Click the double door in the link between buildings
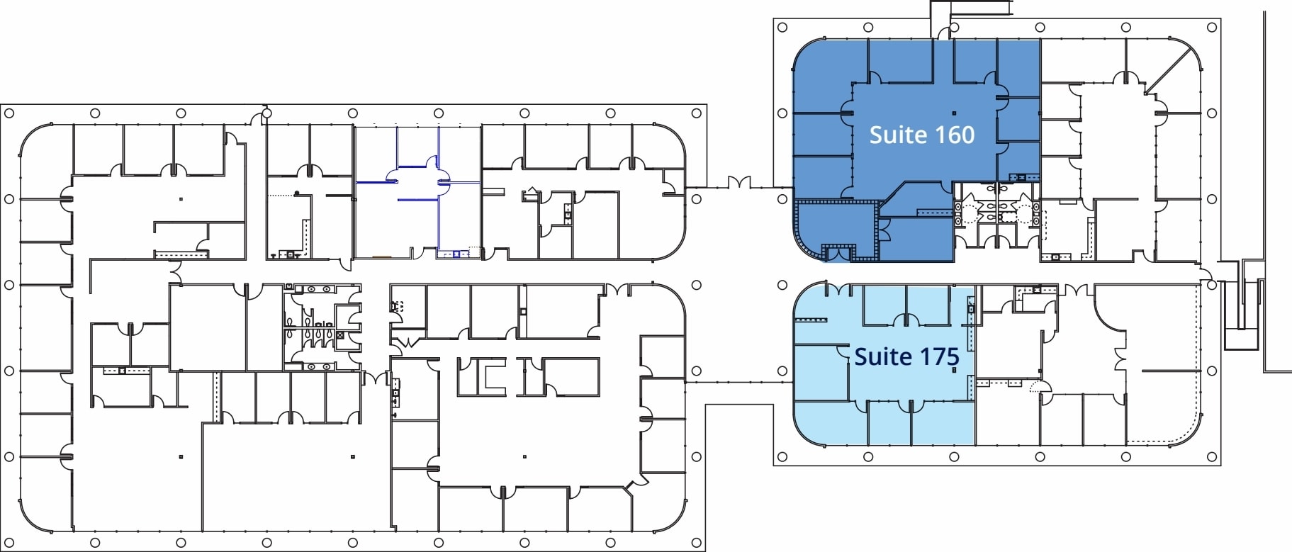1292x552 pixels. point(739,183)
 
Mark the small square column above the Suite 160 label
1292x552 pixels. point(954,113)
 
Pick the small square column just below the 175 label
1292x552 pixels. point(954,370)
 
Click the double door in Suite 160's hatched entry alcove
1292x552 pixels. point(838,251)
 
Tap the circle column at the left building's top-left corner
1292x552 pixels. point(9,113)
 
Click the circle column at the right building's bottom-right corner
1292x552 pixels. point(1212,457)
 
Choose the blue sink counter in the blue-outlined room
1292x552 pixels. point(452,254)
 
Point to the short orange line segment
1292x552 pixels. point(382,256)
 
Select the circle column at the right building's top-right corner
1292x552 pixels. point(1212,28)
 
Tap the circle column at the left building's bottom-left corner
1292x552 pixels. point(9,543)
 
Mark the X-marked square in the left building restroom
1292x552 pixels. point(340,334)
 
